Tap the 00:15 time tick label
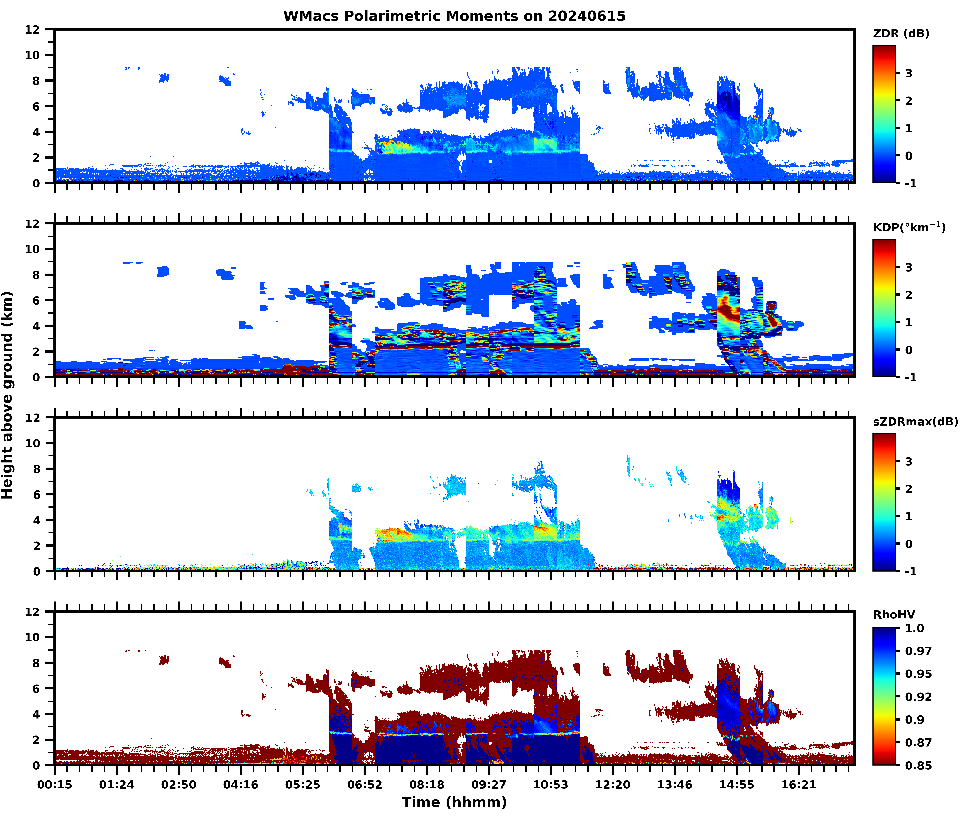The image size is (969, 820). coord(55,785)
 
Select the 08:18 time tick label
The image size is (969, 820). coord(427,785)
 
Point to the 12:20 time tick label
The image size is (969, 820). coord(613,785)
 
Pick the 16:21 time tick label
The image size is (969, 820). coord(798,785)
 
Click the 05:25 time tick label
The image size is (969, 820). coord(302,785)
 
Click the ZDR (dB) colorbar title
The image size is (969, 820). coord(901,34)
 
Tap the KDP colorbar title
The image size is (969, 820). coord(909,227)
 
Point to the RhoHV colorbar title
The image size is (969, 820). coord(894,615)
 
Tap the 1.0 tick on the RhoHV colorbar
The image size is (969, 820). coord(914,628)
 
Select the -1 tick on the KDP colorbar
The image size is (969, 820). coord(910,377)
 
